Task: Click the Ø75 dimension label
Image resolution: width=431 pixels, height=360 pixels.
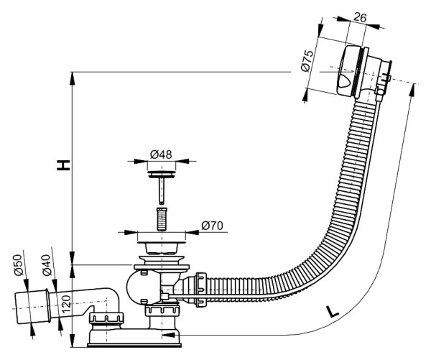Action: (307, 61)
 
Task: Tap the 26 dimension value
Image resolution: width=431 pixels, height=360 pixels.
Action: (360, 17)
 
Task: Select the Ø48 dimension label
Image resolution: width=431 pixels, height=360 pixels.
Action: (161, 154)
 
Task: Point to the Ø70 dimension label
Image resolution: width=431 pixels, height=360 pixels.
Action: (212, 226)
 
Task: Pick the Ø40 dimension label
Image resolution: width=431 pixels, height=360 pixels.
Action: (47, 265)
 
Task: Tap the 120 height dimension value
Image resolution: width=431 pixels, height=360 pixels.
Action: (66, 304)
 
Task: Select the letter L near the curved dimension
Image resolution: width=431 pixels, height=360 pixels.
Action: (333, 311)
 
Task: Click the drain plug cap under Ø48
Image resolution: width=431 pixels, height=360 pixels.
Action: (162, 174)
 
